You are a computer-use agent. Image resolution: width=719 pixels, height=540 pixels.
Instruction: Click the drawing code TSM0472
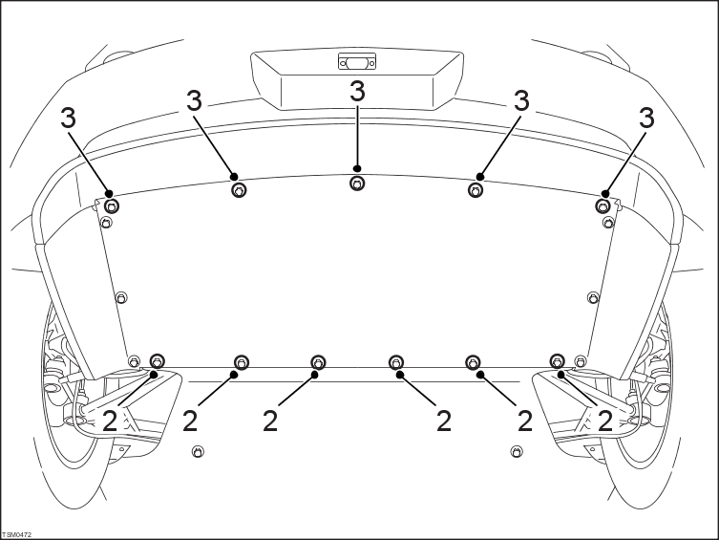17,535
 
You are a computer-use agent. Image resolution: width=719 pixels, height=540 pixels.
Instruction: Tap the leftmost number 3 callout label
69,118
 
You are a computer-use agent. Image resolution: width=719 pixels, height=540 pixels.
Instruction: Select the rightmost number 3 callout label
646,118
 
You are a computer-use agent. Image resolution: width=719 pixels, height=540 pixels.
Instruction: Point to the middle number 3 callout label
358,91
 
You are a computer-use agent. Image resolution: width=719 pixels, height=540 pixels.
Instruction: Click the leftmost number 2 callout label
110,421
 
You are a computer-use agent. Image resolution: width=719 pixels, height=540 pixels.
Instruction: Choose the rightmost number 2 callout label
605,421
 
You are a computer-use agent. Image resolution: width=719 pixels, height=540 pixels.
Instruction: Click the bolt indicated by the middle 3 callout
357,184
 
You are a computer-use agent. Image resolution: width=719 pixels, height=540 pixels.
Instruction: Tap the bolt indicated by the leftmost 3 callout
112,206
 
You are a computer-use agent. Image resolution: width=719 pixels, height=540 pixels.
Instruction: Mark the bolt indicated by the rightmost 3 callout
603,205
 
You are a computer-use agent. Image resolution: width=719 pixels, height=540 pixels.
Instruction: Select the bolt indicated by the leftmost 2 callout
158,361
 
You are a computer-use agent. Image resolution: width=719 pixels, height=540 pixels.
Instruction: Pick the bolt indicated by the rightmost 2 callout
557,361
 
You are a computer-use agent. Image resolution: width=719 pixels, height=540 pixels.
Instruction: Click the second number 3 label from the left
195,100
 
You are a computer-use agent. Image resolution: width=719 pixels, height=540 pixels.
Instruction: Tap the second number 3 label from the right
521,100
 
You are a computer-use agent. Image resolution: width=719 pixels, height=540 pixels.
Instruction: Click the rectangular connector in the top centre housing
357,61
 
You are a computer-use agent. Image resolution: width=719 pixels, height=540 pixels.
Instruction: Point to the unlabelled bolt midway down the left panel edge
121,297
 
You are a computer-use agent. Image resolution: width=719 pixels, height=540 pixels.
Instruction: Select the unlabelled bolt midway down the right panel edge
593,297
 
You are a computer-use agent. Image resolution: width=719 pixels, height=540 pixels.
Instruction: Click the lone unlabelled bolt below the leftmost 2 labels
198,451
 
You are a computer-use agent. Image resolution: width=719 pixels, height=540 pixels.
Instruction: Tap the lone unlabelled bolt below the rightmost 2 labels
517,451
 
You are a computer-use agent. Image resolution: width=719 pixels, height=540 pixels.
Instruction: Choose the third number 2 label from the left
270,421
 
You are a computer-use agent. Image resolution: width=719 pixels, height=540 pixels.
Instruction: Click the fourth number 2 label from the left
443,421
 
